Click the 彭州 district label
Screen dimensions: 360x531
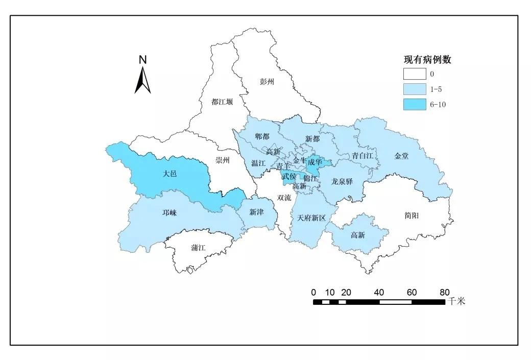coord(267,81)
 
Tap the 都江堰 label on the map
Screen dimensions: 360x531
coord(222,102)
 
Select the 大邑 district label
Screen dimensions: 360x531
coord(170,174)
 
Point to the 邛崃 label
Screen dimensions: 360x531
coord(170,213)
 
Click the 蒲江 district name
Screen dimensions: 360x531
coord(198,248)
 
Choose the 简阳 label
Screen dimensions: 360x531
coord(411,216)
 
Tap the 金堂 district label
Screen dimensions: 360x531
coord(401,156)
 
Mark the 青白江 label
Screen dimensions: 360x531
coord(363,155)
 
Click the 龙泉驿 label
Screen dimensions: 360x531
coord(342,181)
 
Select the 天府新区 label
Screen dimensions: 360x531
coord(311,218)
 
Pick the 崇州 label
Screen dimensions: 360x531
coord(223,160)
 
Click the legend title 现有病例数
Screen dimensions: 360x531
coord(427,60)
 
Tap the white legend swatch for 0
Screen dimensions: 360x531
coord(414,75)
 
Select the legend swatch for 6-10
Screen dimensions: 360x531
coord(414,105)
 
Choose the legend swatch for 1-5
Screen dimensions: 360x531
coord(414,89)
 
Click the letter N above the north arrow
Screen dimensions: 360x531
coord(143,60)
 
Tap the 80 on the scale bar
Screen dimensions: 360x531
coord(444,293)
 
